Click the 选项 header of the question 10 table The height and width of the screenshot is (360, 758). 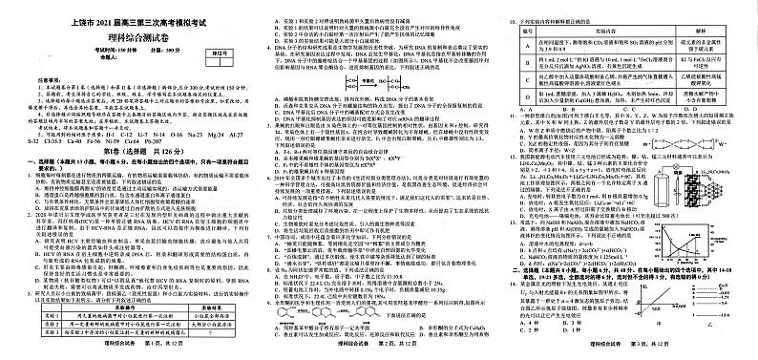tap(529, 31)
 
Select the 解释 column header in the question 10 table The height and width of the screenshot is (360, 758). tap(703, 31)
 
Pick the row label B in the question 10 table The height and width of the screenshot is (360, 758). tap(529, 66)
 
